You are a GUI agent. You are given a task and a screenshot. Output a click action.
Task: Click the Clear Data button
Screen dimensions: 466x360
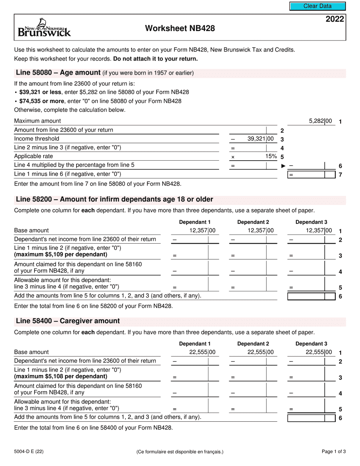coord(318,6)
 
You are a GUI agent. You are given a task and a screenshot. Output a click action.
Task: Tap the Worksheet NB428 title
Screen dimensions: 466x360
coord(180,28)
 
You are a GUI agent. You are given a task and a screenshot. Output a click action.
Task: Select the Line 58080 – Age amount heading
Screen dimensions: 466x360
coord(58,73)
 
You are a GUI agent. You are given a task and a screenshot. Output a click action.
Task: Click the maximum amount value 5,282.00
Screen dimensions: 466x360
coord(320,121)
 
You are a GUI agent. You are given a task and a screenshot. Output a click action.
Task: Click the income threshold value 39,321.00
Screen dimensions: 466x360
coord(260,139)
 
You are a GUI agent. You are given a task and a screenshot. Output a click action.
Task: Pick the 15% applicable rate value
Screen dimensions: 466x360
coord(271,156)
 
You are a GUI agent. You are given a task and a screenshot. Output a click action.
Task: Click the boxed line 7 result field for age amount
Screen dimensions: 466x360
coord(311,175)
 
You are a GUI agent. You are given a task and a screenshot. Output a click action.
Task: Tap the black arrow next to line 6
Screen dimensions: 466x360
coord(283,166)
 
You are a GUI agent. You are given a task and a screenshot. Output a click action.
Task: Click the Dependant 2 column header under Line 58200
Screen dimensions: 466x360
coord(253,222)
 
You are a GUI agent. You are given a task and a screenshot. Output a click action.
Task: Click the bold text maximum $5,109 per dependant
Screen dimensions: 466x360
coord(61,255)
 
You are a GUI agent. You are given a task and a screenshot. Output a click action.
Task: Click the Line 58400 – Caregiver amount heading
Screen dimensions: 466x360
coord(67,321)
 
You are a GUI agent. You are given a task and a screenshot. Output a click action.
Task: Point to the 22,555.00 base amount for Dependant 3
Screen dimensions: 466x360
coord(319,352)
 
